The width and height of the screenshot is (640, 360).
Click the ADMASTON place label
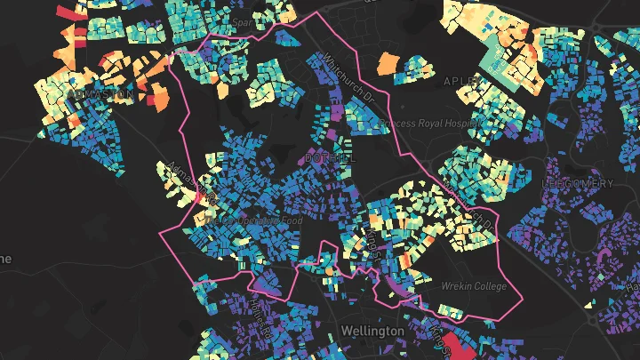pyautogui.click(x=100, y=92)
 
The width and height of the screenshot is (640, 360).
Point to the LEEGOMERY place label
pyautogui.click(x=578, y=183)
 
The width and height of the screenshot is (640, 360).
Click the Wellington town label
pyautogui.click(x=372, y=331)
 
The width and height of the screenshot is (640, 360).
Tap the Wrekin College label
pyautogui.click(x=474, y=286)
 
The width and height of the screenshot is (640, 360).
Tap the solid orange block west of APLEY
pyautogui.click(x=388, y=64)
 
